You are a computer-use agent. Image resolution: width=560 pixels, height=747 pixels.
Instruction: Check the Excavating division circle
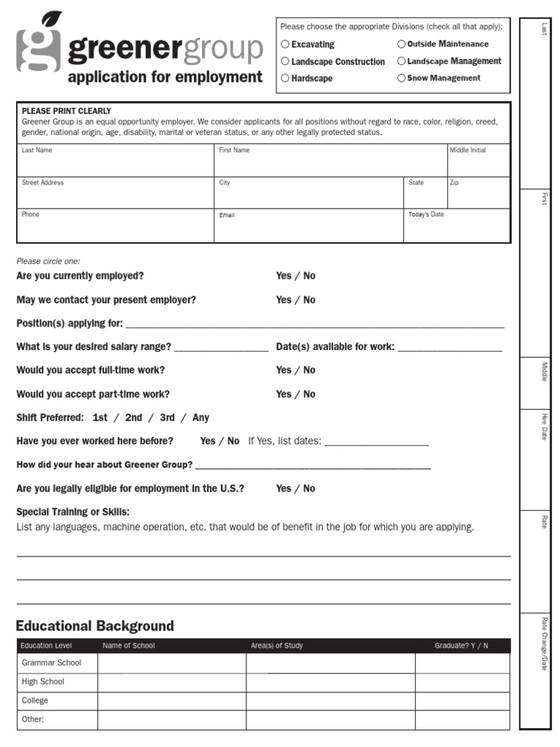coord(285,44)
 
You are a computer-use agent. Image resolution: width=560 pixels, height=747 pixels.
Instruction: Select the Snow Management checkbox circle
coord(401,78)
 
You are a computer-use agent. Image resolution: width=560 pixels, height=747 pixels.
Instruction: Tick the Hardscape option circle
coord(285,78)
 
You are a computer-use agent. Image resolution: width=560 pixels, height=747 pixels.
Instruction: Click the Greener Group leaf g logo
coord(39,45)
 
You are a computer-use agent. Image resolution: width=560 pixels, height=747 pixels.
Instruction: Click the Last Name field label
coord(37,150)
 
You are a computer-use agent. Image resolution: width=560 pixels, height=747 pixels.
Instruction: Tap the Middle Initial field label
coord(467,150)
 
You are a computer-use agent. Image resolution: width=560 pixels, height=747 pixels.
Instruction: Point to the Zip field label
coord(454,182)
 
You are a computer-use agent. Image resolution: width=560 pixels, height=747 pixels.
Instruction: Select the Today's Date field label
coord(426,214)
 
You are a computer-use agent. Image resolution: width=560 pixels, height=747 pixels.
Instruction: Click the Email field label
coord(227,215)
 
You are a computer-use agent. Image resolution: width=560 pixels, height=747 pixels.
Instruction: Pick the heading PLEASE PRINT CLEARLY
coord(66,112)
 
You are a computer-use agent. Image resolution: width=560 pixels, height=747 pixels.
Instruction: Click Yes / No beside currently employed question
coord(295,276)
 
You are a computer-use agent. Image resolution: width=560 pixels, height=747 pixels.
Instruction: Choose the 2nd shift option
coord(133,418)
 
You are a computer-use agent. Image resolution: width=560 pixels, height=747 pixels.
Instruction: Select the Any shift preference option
coord(201,418)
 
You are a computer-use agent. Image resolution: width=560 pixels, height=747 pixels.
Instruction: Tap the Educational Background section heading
coord(95,626)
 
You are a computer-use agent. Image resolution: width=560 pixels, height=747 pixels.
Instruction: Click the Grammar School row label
coord(52,663)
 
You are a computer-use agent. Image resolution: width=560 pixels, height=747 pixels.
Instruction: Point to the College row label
coord(35,700)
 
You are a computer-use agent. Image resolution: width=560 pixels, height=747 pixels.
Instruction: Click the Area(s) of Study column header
coord(276,646)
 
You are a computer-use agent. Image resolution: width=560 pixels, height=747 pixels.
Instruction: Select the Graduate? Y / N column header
coord(462,646)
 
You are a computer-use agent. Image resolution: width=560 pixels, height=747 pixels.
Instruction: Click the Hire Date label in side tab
coord(544,427)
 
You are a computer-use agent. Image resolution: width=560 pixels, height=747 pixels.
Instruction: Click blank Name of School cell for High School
coord(171,682)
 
